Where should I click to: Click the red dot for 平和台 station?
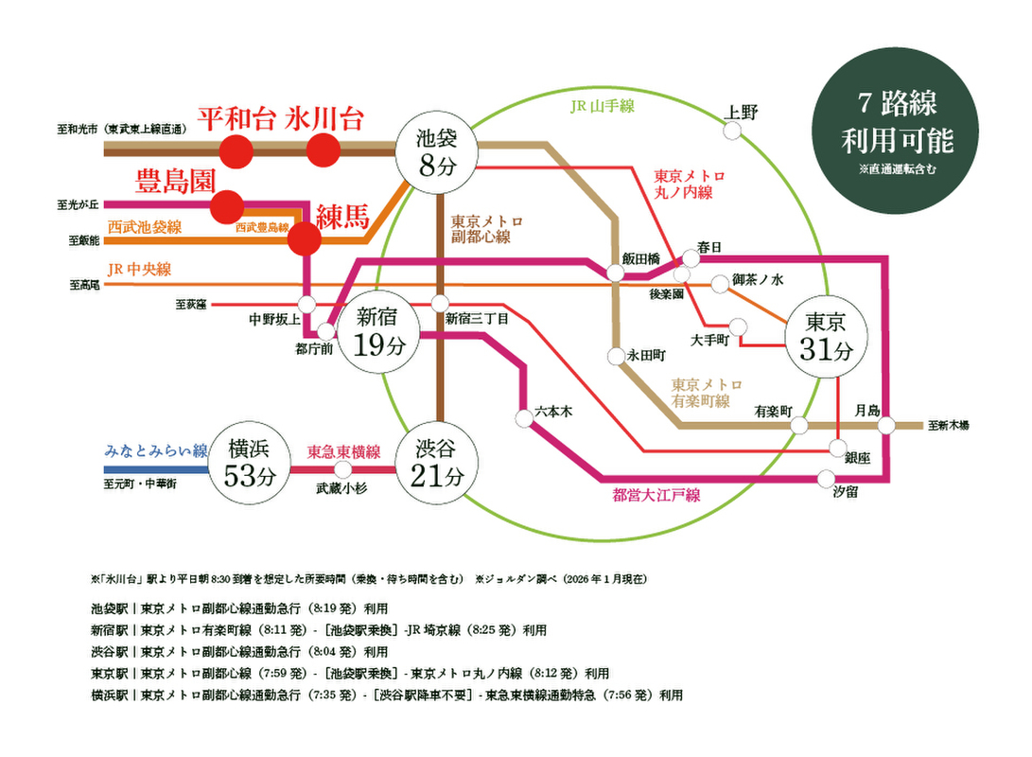236,150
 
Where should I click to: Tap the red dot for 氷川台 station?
324,150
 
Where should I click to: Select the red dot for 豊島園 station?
228,206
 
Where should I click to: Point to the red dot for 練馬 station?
305,238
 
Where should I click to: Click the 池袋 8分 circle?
436,152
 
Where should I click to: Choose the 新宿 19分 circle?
377,331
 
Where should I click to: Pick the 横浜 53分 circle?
250,463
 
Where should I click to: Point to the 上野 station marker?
732,131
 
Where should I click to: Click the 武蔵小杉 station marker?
343,469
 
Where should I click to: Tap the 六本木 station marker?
524,418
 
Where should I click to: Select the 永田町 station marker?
616,356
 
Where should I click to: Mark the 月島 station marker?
886,425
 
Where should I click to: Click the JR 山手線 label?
602,106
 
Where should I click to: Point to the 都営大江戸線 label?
656,495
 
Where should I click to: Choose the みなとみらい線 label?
156,450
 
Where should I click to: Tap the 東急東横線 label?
344,451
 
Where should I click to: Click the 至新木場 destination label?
949,426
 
